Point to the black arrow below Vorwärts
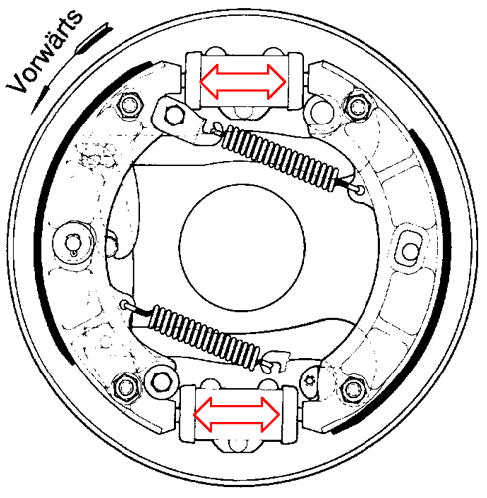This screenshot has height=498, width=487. click(39, 97)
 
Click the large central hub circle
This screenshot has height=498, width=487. click(243, 243)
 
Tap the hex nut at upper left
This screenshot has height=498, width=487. click(126, 103)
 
